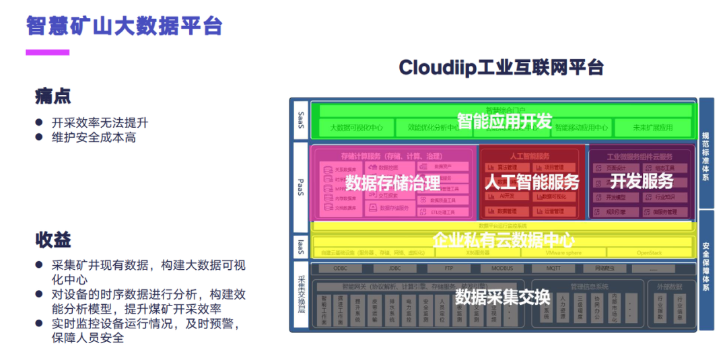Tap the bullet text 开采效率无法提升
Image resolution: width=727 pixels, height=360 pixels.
point(100,122)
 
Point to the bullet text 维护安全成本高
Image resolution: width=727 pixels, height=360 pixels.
point(94,137)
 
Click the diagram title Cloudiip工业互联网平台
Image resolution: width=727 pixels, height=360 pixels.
point(501,67)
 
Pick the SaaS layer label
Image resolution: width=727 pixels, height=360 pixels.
point(301,120)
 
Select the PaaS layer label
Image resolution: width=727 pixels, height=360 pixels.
point(301,182)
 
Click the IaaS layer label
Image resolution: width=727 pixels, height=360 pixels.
point(301,246)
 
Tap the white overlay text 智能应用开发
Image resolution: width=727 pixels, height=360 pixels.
point(504,121)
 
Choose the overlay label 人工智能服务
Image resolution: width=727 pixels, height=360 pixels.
point(532,182)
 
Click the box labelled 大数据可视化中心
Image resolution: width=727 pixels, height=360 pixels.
point(356,127)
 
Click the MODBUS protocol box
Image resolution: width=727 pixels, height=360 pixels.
point(502,268)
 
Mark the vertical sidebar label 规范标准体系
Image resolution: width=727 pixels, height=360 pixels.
point(705,152)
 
